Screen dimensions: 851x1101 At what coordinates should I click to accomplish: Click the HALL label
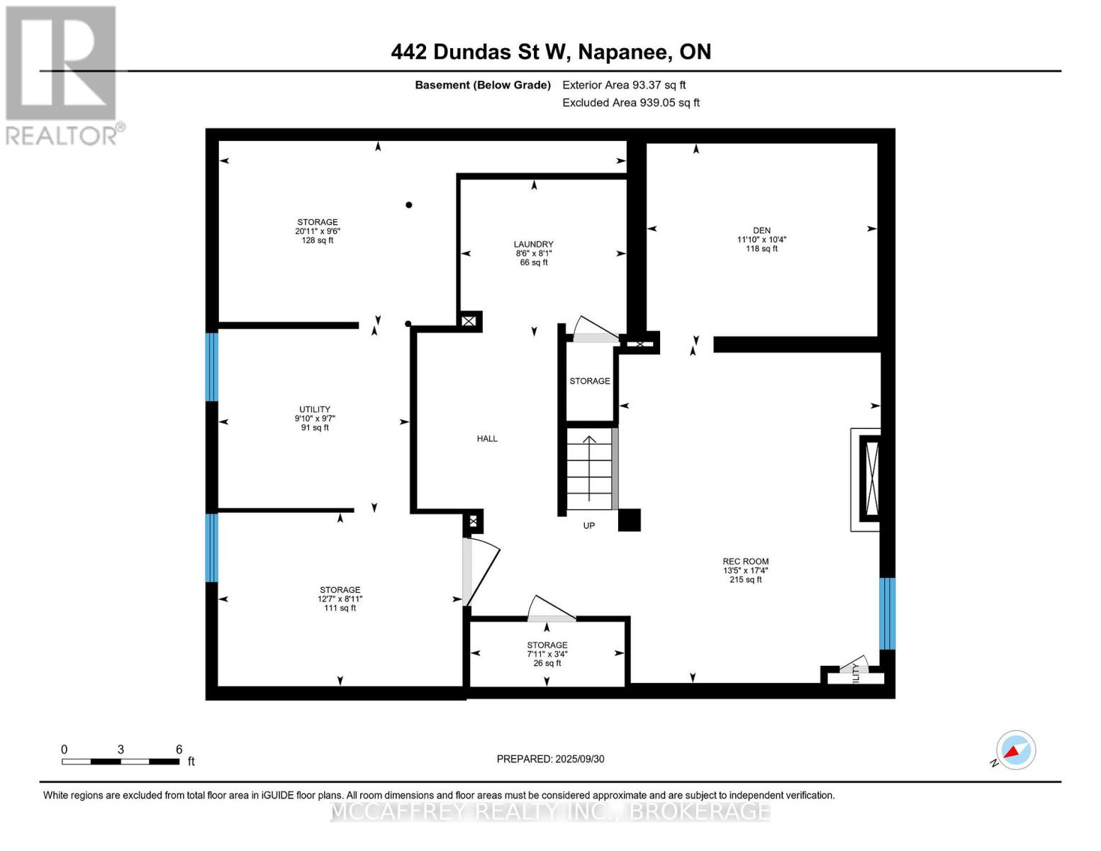point(487,439)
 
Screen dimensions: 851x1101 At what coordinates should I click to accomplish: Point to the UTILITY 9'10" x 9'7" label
point(315,418)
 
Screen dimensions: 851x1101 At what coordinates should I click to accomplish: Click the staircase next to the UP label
point(589,468)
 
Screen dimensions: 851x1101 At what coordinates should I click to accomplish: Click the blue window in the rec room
point(887,613)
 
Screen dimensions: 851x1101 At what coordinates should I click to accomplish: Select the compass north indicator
point(1015,750)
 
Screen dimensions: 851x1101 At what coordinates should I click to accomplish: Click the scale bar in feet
point(121,761)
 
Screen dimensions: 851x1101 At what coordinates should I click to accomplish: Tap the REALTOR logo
point(62,75)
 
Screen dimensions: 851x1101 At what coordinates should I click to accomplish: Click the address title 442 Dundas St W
point(551,52)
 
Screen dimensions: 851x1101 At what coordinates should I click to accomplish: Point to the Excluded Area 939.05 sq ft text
point(630,103)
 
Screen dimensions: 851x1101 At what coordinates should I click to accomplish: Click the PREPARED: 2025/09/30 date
point(550,759)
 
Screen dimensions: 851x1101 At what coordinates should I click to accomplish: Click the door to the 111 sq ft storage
point(479,571)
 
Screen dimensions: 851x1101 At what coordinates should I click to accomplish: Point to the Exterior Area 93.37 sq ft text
point(624,85)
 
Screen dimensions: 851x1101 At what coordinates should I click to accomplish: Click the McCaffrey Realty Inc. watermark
point(550,811)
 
